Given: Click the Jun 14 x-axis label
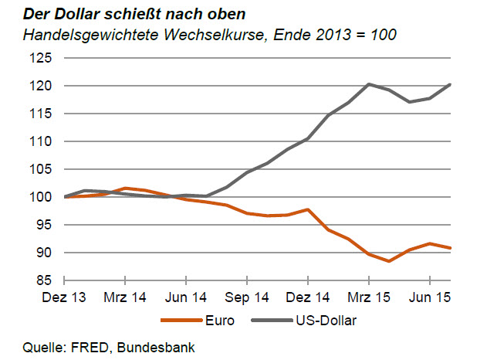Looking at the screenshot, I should tap(185, 296).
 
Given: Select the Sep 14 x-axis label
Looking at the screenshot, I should tap(246, 296).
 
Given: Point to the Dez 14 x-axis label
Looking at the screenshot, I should tap(307, 296).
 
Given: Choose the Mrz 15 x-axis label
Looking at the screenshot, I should tap(369, 296).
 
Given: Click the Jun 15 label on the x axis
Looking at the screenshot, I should tap(430, 296).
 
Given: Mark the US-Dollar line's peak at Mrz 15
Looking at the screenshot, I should tap(370, 84).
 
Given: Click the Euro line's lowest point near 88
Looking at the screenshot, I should tap(390, 261).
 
